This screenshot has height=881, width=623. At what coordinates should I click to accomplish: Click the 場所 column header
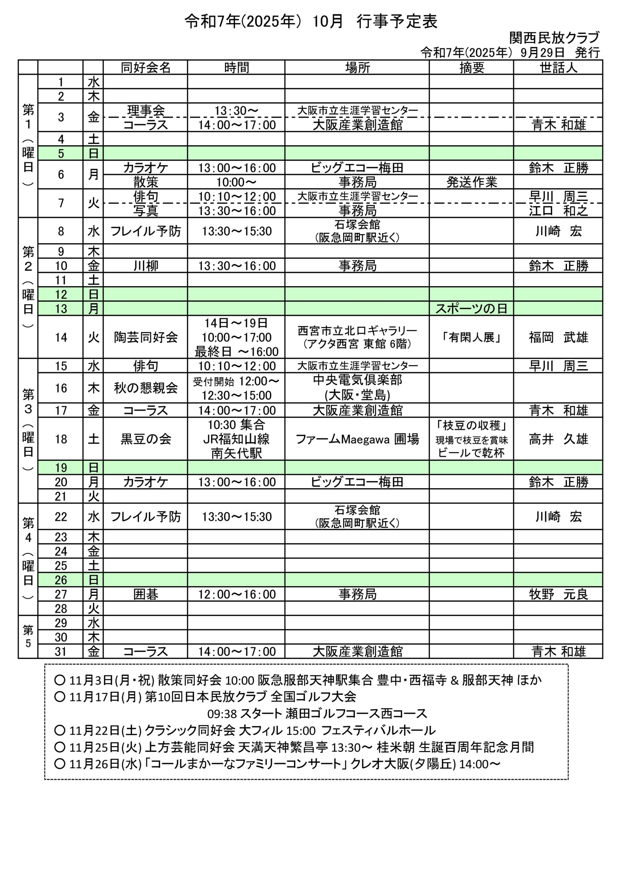[x=357, y=68]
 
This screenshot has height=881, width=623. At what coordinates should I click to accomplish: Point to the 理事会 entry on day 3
[x=146, y=110]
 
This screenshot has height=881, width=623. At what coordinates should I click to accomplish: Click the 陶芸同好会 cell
[x=146, y=337]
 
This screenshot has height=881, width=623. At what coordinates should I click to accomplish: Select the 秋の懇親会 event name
[x=146, y=388]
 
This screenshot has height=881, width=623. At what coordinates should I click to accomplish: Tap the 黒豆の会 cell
[x=146, y=439]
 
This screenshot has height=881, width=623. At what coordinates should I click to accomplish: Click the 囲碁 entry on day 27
[x=146, y=594]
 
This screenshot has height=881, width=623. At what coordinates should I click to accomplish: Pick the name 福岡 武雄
[x=558, y=337]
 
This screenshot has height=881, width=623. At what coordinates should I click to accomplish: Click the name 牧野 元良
[x=558, y=594]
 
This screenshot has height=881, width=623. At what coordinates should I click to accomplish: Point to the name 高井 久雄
[x=558, y=439]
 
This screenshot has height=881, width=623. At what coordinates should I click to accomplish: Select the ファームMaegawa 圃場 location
[x=357, y=439]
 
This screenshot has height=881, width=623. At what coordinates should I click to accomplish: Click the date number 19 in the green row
[x=61, y=468]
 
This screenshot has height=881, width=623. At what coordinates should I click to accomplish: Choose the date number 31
[x=61, y=651]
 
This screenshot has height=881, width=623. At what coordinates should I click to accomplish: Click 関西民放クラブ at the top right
[x=554, y=38]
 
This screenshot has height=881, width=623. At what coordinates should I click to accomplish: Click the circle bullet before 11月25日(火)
[x=60, y=747]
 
